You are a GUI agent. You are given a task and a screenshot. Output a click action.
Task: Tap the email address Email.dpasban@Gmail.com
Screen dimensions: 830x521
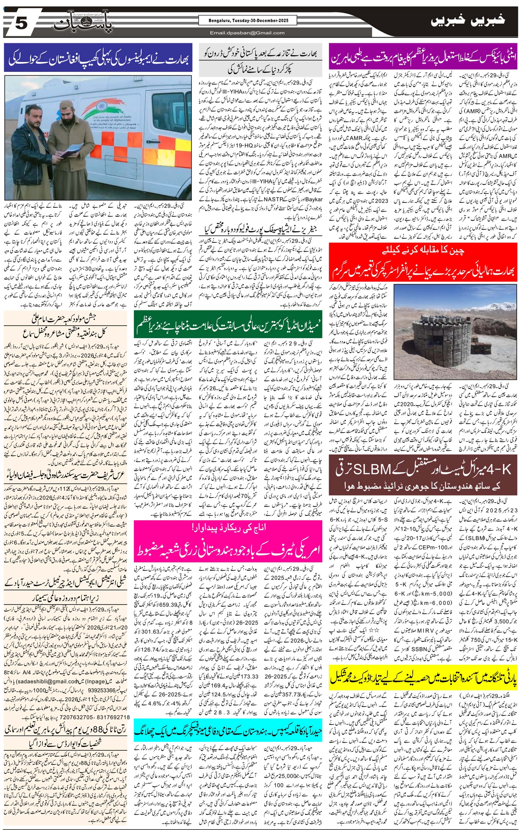[247, 33]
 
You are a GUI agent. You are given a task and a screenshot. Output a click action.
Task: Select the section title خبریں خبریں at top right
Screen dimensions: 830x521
[468, 20]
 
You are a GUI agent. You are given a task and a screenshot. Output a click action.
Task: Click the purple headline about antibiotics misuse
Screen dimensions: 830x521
[423, 57]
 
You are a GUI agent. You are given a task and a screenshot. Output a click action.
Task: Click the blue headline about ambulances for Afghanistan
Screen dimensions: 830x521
[98, 57]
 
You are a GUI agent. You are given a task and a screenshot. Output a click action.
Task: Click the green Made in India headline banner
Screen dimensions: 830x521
[228, 324]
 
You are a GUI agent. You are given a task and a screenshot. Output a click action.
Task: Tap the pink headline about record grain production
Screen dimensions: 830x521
[228, 540]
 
